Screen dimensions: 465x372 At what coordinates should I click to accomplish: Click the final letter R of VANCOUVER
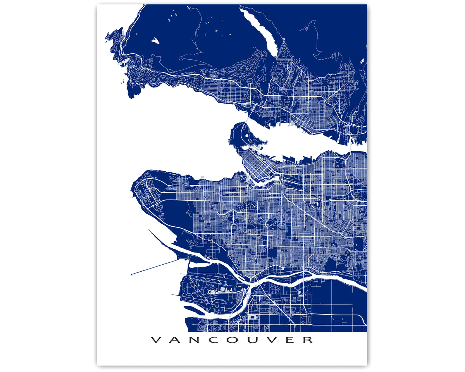pyautogui.click(x=308, y=340)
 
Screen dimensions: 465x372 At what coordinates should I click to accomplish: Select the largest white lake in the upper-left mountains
pyautogui.click(x=155, y=40)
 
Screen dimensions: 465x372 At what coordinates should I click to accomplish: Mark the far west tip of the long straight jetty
pyautogui.click(x=132, y=275)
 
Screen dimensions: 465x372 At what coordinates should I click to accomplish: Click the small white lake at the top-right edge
pyautogui.click(x=362, y=61)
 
